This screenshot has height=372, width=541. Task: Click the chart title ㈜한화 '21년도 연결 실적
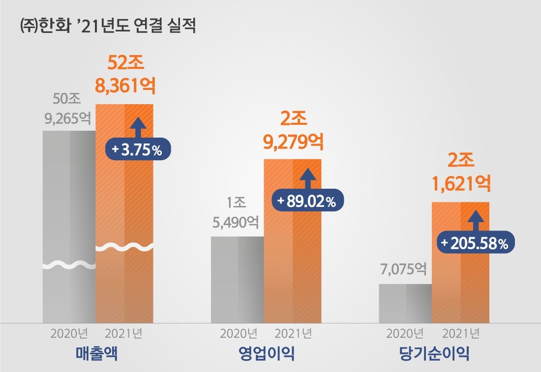108,26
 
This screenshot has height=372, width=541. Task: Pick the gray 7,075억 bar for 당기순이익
405,303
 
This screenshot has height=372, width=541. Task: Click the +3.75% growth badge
138,150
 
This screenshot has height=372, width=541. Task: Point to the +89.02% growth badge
307,201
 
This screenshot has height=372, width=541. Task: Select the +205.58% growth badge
476,243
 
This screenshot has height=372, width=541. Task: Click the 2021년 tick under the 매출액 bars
124,334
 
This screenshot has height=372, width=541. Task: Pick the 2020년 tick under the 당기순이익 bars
405,334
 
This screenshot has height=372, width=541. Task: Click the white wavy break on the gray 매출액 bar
69,266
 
